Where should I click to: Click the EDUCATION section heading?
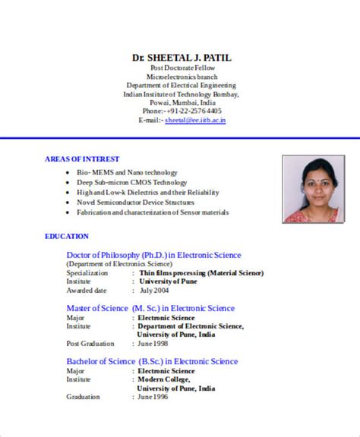click(67, 237)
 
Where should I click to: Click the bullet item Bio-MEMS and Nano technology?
click(127, 172)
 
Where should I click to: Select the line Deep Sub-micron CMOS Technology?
click(131, 182)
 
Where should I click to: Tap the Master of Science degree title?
click(150, 309)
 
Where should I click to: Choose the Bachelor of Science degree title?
click(152, 361)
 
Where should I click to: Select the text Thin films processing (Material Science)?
click(201, 272)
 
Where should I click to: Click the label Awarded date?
click(87, 291)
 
